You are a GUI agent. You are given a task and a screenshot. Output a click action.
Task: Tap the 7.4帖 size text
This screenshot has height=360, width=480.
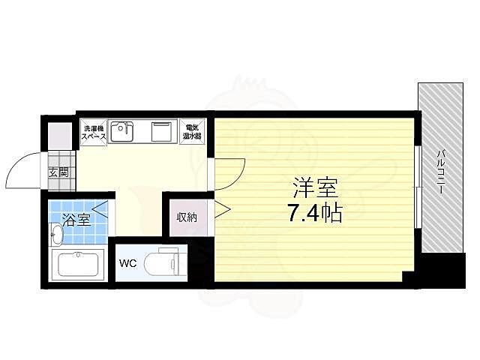point(313,214)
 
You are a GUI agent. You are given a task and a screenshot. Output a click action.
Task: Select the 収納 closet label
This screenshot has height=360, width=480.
point(187,217)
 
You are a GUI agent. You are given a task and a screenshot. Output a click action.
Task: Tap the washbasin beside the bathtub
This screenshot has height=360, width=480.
point(57,235)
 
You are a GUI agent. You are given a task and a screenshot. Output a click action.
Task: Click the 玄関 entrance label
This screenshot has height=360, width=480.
point(58,172)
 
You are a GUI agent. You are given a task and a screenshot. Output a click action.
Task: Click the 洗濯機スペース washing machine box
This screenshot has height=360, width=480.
point(94,133)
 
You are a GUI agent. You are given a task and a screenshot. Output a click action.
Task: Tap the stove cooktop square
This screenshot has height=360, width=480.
point(162,133)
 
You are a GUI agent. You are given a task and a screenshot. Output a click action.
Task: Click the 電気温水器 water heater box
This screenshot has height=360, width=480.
point(192,133)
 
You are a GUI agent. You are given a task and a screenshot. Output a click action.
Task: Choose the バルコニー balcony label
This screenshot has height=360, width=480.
point(442,172)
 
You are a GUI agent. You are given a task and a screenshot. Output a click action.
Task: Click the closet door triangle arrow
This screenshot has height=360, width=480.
point(221,210)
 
